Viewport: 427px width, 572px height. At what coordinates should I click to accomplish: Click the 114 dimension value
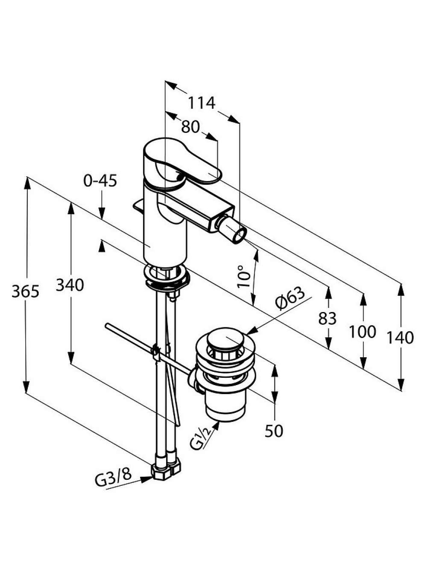pos(202,103)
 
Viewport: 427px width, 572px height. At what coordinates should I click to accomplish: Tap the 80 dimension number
pos(190,127)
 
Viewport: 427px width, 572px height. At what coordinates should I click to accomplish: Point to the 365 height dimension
pos(25,291)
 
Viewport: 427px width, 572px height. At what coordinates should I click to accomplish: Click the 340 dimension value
pos(70,285)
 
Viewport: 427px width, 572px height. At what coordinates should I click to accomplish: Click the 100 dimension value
pos(363,332)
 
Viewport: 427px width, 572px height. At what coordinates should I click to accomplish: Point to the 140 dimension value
pos(400,338)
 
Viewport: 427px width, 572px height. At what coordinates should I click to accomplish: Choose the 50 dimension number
pos(274,431)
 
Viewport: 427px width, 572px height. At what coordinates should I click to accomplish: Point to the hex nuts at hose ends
pos(165,471)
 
